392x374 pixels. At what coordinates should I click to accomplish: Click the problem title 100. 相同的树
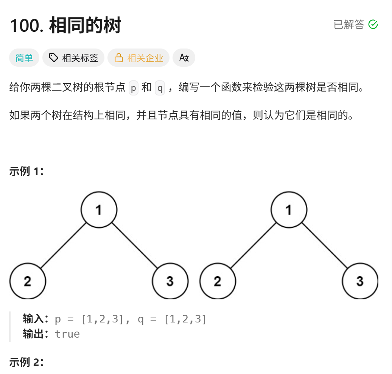pyautogui.click(x=65, y=26)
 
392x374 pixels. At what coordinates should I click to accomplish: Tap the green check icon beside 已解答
pyautogui.click(x=373, y=25)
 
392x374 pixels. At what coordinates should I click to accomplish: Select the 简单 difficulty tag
pyautogui.click(x=24, y=58)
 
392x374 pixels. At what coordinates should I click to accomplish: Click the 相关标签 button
pyautogui.click(x=73, y=58)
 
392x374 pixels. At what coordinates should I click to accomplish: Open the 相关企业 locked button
pyautogui.click(x=138, y=58)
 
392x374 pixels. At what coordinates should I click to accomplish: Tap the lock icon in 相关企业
pyautogui.click(x=119, y=58)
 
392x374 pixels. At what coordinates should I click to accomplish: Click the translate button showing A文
pyautogui.click(x=184, y=58)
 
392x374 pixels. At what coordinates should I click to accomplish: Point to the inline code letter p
pyautogui.click(x=133, y=88)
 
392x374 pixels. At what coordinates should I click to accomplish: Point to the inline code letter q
pyautogui.click(x=160, y=88)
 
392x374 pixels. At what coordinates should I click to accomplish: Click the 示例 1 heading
pyautogui.click(x=26, y=171)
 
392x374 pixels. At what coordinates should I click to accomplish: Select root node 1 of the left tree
pyautogui.click(x=99, y=210)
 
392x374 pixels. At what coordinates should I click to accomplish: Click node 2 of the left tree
pyautogui.click(x=28, y=281)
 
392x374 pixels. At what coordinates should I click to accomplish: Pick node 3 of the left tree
pyautogui.click(x=170, y=281)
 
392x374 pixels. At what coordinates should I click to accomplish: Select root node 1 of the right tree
pyautogui.click(x=289, y=210)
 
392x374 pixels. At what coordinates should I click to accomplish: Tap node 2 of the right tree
pyautogui.click(x=218, y=281)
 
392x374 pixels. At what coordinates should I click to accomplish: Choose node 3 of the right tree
pyautogui.click(x=360, y=281)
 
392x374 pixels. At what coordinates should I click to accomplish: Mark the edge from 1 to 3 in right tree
pyautogui.click(x=325, y=246)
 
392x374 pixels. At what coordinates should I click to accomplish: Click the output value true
pyautogui.click(x=67, y=334)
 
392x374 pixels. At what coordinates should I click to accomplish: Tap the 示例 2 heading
pyautogui.click(x=26, y=362)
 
